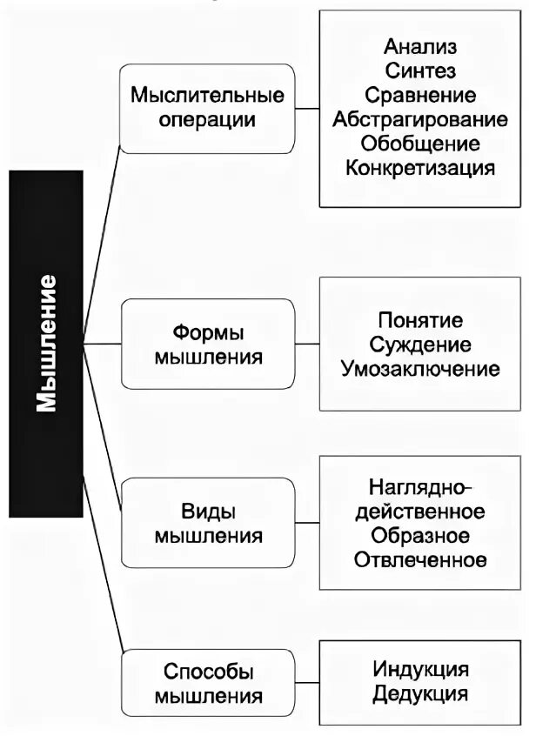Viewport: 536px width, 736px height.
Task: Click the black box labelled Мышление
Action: pos(46,344)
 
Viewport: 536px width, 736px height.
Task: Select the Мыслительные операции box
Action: pos(207,107)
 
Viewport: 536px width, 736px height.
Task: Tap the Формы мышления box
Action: pos(207,344)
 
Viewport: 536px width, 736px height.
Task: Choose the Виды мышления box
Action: pos(207,523)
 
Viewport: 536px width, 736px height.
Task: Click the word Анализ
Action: pos(420,46)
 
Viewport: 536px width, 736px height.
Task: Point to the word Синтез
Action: pos(420,70)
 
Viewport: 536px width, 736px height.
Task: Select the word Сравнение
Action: pos(420,95)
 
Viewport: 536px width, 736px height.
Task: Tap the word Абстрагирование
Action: pos(420,119)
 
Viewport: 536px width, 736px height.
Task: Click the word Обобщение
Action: pos(420,143)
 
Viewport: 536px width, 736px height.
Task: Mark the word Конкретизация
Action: pos(420,167)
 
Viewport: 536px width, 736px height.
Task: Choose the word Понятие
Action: pos(420,320)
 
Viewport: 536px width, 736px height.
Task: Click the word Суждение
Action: pos(420,345)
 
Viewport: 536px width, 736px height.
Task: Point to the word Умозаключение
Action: pos(420,369)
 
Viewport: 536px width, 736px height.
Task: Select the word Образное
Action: pos(420,535)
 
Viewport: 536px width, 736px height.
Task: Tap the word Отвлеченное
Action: pos(420,559)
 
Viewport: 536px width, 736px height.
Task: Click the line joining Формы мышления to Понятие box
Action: pos(307,345)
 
